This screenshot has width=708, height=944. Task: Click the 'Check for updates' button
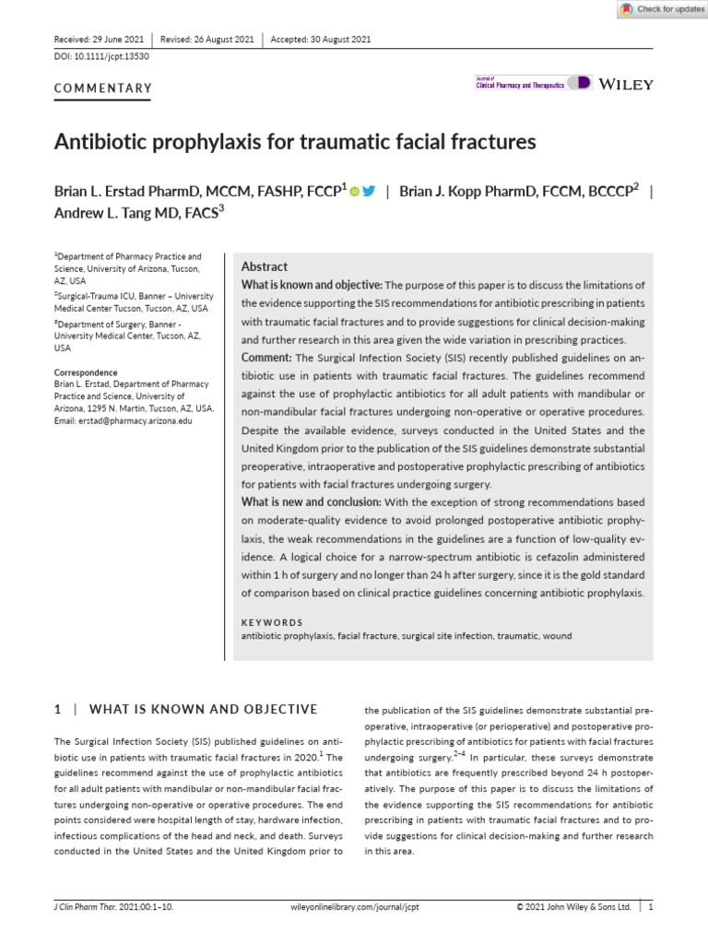point(662,9)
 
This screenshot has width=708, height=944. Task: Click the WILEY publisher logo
point(626,84)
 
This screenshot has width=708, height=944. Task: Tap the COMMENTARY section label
point(103,88)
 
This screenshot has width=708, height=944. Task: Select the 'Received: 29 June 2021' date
point(99,39)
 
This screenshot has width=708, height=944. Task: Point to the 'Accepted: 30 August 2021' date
point(321,39)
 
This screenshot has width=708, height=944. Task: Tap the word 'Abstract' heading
point(264,266)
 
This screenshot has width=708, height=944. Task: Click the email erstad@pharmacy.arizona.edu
point(124,420)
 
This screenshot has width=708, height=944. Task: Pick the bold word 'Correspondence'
point(88,373)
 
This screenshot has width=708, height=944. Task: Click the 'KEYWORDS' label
point(271,622)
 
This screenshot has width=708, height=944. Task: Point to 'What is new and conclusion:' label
point(311,502)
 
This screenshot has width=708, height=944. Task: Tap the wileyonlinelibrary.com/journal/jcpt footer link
point(354,907)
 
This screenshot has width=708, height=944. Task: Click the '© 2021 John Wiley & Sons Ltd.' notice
point(573,907)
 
